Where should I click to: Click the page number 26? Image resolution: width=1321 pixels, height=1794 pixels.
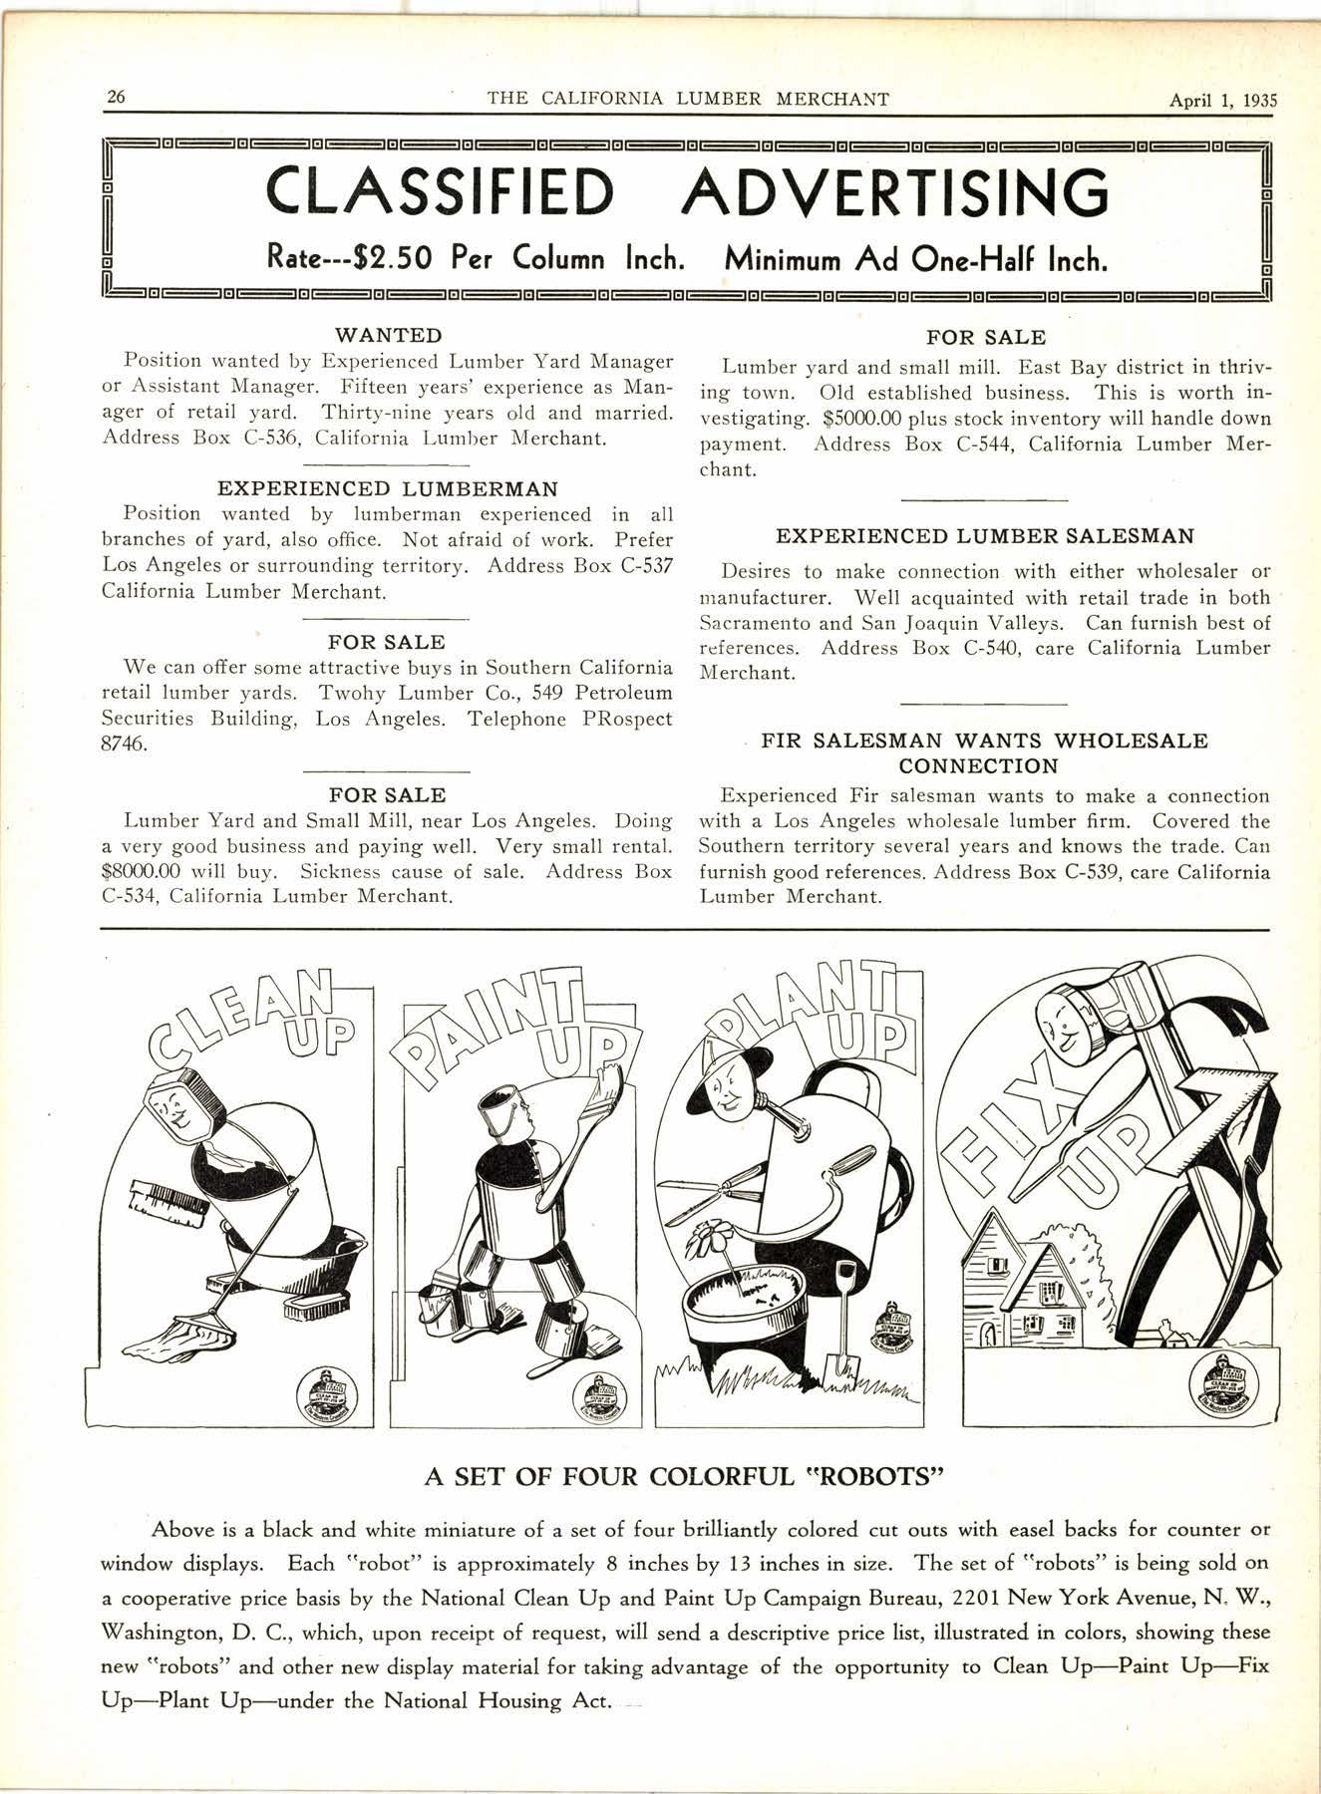point(116,98)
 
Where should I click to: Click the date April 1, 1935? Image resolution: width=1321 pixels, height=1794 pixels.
point(1223,99)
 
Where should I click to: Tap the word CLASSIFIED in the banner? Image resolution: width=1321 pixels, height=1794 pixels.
point(440,192)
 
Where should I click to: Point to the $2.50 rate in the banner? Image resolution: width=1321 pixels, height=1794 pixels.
point(383,260)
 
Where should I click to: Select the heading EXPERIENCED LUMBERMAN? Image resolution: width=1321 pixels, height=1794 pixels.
point(388,489)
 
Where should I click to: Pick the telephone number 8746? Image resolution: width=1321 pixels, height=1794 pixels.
point(126,745)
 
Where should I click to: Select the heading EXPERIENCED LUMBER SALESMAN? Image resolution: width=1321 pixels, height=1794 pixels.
point(984,536)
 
